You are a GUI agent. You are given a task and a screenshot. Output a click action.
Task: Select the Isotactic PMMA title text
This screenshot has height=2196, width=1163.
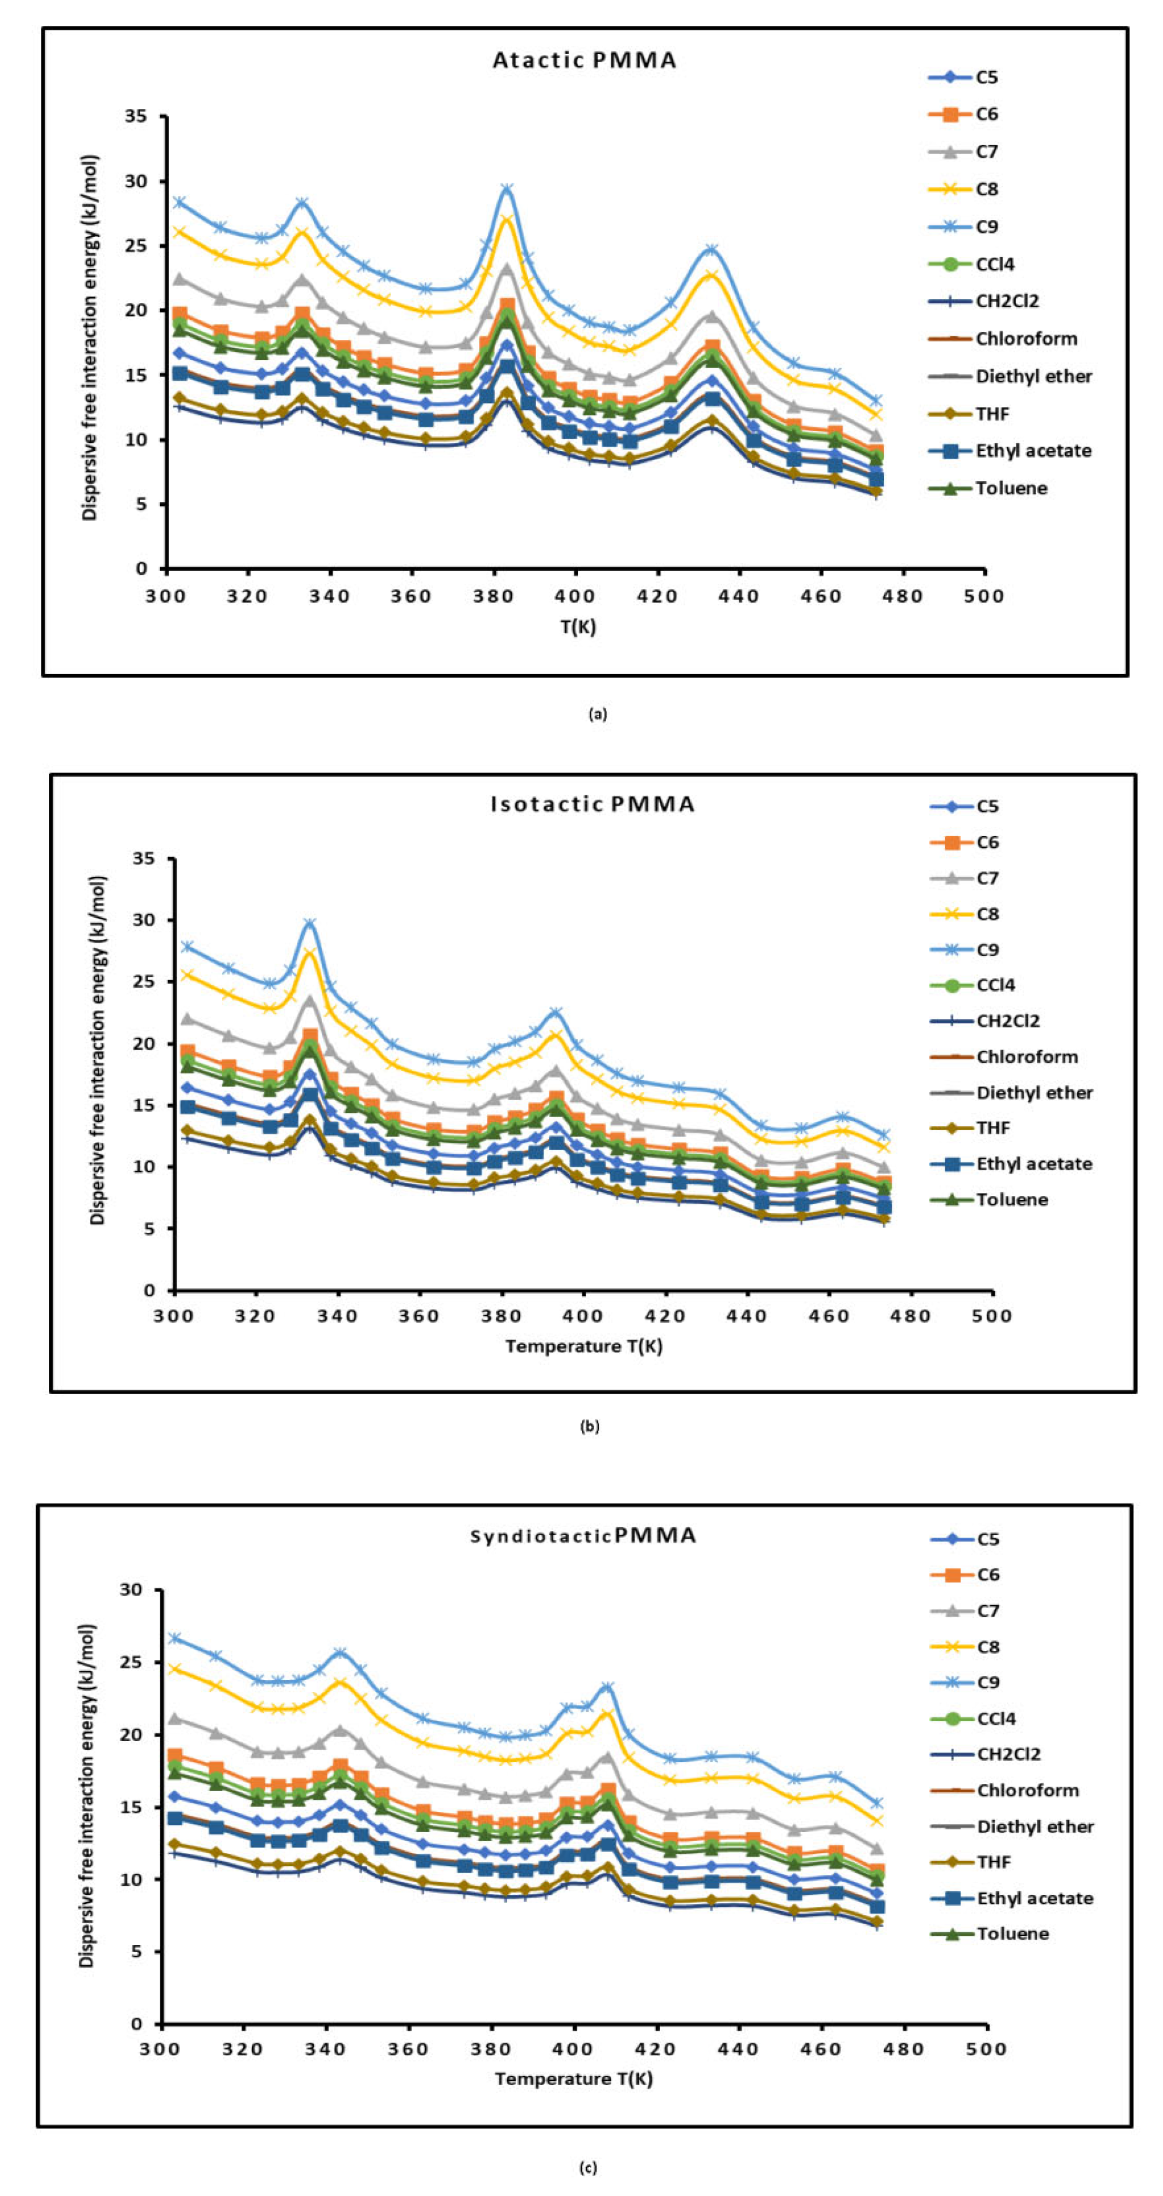click(x=592, y=804)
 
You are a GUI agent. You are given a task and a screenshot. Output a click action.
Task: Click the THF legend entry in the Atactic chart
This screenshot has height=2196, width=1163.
click(x=991, y=414)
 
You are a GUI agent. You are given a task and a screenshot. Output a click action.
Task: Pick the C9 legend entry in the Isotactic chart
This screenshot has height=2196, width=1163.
click(x=988, y=949)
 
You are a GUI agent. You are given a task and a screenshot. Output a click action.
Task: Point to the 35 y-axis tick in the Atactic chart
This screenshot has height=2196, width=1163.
click(x=136, y=116)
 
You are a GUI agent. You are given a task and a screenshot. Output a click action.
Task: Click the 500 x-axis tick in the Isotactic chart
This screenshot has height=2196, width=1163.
click(x=991, y=1315)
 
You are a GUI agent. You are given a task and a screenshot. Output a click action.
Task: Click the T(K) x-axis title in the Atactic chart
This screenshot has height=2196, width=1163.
click(x=577, y=627)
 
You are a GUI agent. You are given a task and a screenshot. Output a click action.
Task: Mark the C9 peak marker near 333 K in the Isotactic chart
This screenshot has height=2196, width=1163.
click(x=310, y=924)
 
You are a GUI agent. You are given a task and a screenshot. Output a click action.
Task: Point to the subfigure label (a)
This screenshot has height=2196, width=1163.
click(x=598, y=715)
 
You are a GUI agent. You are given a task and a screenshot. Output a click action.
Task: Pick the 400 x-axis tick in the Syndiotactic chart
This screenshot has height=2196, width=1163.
click(x=573, y=2049)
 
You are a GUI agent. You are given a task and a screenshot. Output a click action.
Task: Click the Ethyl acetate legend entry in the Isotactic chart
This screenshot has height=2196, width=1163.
click(x=1034, y=1164)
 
